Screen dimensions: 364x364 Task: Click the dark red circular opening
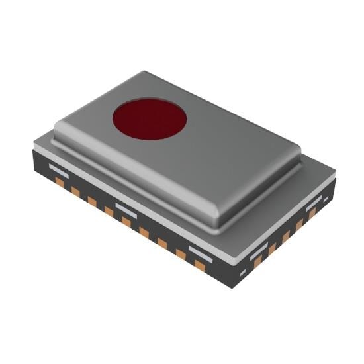coord(149,120)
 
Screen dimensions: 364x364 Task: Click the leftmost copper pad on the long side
coord(60,181)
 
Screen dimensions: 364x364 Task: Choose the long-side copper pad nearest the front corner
coord(200,265)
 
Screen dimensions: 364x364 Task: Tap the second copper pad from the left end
coord(75,191)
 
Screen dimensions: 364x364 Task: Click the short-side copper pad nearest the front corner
coord(259,262)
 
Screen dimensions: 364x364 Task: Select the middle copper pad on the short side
coord(286,236)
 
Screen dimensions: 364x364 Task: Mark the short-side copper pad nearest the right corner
coord(312,213)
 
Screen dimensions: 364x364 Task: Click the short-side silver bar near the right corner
coord(313,201)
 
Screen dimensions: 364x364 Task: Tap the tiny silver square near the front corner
coord(243,273)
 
